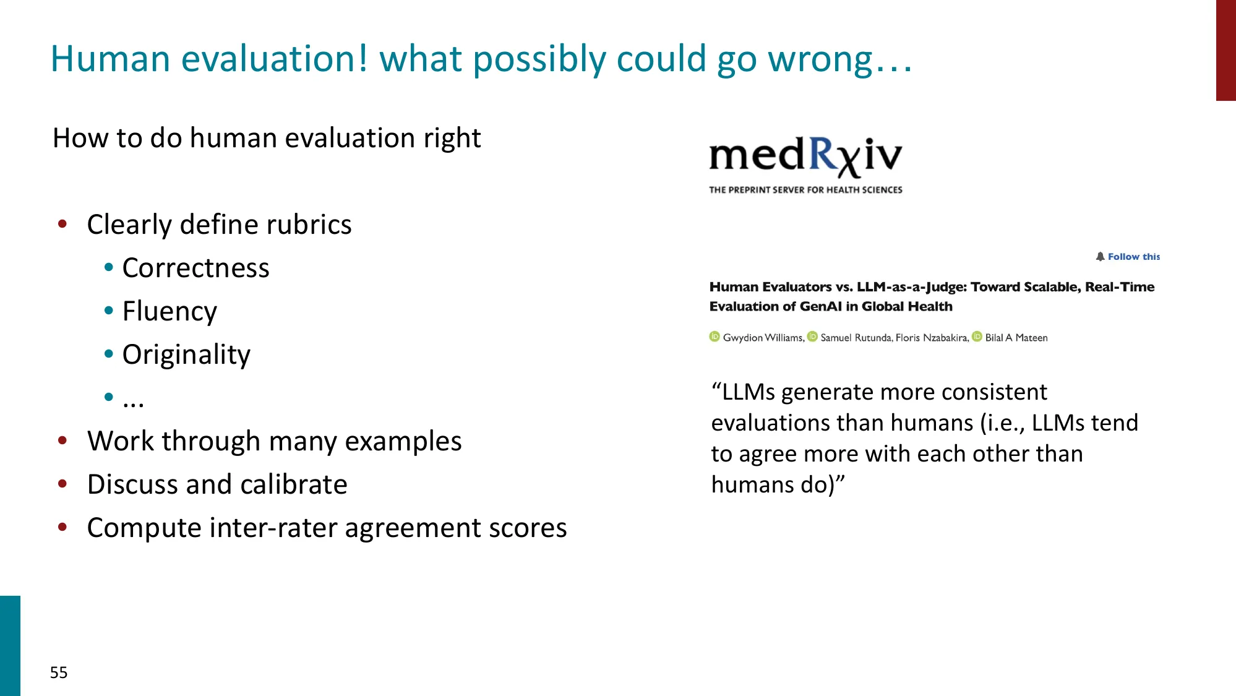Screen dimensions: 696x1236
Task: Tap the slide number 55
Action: (59, 672)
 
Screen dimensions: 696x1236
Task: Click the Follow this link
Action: (1128, 257)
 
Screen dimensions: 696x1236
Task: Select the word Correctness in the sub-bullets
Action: (195, 268)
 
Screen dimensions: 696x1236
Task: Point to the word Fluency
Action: (170, 311)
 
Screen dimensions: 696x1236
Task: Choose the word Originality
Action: (186, 354)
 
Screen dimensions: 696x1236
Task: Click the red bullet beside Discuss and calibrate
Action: (62, 484)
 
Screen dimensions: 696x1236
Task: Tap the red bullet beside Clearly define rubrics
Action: (62, 224)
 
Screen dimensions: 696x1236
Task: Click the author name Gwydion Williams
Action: (763, 338)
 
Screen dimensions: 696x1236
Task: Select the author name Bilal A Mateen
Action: (1016, 338)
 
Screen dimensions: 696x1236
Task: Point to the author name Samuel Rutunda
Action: (856, 338)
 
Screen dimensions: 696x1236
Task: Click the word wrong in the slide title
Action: (820, 59)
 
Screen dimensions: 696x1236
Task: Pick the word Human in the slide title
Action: (110, 59)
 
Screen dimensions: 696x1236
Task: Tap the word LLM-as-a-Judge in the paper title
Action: (911, 287)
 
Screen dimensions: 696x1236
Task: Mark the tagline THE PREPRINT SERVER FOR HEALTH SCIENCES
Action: (805, 190)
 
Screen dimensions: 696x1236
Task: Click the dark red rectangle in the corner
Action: (1225, 50)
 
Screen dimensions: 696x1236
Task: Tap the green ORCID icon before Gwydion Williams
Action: (715, 337)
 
